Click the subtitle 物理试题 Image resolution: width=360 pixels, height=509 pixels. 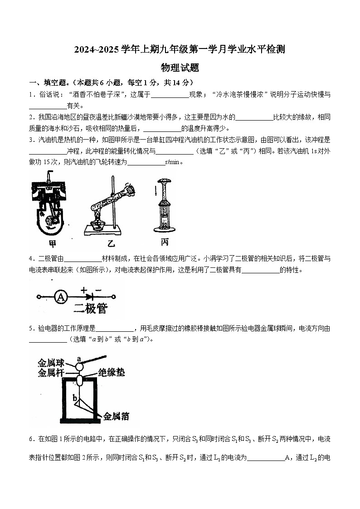pos(180,68)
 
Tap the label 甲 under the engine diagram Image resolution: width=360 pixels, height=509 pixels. pos(53,243)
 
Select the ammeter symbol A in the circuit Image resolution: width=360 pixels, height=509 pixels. pos(60,297)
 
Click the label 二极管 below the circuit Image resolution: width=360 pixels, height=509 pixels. pos(90,309)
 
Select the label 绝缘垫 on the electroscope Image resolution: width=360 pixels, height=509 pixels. pos(111,373)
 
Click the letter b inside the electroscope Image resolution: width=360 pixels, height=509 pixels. pos(75,398)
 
